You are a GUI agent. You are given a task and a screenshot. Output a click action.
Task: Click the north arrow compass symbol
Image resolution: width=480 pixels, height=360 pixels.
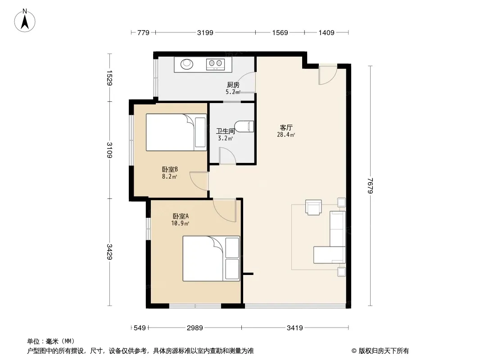point(25,20)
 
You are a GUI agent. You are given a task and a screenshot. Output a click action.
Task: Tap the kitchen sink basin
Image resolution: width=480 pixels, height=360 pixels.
point(187,64)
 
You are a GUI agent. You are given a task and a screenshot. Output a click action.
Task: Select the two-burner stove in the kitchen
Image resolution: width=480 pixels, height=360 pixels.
point(215,64)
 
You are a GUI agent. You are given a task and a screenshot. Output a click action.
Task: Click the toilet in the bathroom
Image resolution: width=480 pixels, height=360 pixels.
point(245,126)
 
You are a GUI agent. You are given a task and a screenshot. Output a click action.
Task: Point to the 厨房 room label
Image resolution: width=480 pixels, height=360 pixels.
point(233,85)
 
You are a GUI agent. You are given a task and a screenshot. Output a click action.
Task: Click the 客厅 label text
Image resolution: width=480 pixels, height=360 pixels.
point(286,127)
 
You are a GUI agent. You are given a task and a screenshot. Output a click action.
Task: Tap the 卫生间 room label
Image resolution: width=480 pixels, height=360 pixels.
point(226,131)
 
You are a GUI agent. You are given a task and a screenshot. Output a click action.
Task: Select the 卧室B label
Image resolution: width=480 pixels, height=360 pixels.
point(170,169)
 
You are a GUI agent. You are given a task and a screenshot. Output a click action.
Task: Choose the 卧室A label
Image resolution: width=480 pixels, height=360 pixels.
point(181,216)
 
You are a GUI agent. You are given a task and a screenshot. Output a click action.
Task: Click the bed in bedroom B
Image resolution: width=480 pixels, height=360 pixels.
point(177,132)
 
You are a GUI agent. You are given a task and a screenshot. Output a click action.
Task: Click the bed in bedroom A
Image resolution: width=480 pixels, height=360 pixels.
point(211,258)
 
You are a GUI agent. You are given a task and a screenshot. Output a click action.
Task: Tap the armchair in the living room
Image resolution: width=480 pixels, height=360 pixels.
point(313,207)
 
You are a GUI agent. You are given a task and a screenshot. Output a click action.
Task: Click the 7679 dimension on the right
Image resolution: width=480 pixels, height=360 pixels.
point(371,186)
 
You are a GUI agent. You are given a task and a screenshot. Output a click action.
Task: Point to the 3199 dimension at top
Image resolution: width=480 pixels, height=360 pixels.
point(205,32)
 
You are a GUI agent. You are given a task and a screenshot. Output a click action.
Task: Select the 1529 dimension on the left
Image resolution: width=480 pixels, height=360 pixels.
point(109,78)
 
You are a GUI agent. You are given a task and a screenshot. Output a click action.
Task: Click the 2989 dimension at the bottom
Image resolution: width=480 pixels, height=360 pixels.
point(195,328)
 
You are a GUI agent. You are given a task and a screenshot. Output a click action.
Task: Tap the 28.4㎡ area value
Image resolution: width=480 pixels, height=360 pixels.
point(286,135)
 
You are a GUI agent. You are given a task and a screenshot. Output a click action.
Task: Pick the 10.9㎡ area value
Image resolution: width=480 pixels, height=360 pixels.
point(180,223)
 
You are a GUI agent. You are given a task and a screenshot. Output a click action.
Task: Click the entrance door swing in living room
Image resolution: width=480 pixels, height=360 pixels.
point(327,75)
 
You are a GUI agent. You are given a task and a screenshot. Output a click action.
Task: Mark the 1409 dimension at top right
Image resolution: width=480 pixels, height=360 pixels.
point(326,32)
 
